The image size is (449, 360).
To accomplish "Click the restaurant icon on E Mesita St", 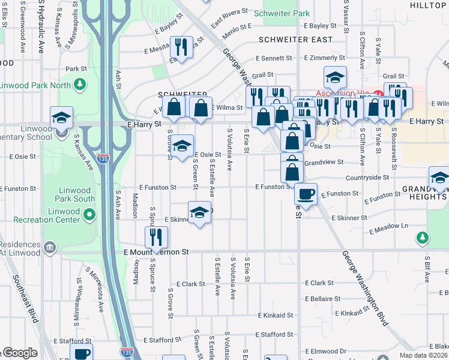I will click(x=181, y=47).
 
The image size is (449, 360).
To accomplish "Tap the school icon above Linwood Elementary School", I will click(x=61, y=117).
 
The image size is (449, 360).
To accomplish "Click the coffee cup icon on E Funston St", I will click(x=306, y=194).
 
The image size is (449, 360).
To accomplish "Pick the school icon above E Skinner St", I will click(x=199, y=212).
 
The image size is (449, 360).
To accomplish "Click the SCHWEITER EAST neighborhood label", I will click(x=295, y=40).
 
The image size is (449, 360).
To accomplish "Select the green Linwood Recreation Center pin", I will click(x=89, y=214).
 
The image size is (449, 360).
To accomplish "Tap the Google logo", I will click(x=20, y=353).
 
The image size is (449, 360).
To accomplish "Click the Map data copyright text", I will click(x=423, y=355).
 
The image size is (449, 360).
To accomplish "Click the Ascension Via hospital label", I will click(x=341, y=94).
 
